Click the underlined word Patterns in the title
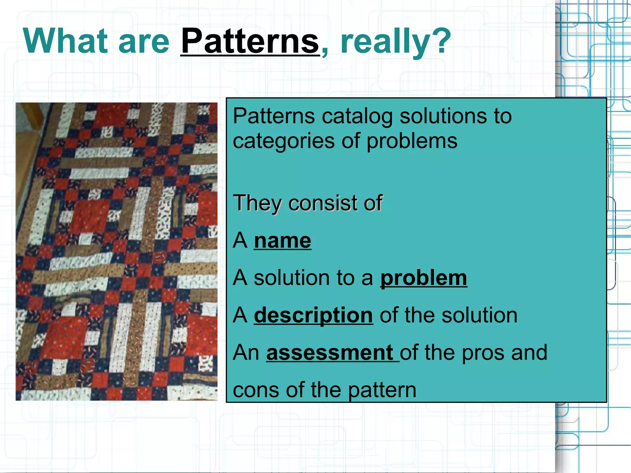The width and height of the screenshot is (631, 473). (x=250, y=41)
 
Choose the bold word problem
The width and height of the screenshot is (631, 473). (x=423, y=278)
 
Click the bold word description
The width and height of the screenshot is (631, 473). (x=313, y=316)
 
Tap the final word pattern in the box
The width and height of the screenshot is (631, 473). (x=382, y=390)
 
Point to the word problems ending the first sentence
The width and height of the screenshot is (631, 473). (x=412, y=142)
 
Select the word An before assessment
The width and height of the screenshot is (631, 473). (x=246, y=353)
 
